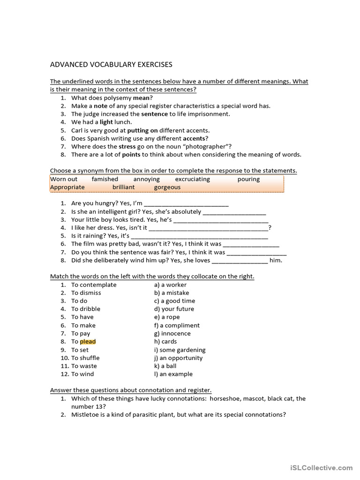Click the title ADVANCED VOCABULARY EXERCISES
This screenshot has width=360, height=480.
111,64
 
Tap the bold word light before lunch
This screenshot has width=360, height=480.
106,122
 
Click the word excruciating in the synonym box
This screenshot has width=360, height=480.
192,179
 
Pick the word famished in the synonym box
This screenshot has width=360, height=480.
105,179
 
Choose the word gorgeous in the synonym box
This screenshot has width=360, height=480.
167,187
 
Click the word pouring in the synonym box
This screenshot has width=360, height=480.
248,179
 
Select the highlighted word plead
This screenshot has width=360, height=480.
88,342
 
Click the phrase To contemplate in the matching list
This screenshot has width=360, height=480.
94,285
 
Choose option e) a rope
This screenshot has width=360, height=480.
166,317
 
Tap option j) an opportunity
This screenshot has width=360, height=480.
178,358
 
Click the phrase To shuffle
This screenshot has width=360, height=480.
85,358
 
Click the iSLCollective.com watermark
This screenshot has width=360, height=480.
321,467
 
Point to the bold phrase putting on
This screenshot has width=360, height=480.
142,130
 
